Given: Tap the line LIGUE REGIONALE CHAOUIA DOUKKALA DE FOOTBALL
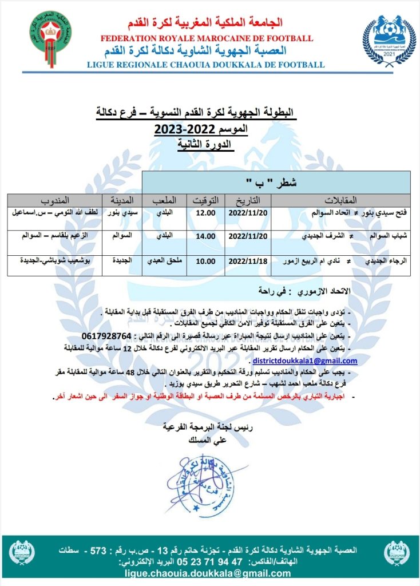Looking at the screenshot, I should [206, 65].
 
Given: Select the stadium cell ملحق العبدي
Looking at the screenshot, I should [164, 261].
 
